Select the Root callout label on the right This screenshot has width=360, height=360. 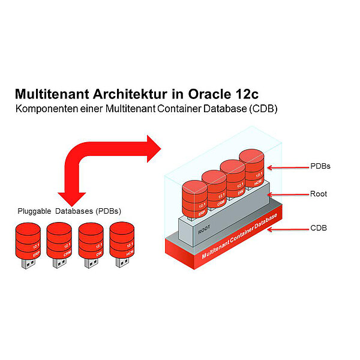(x=318, y=194)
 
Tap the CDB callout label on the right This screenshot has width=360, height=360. (x=318, y=229)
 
